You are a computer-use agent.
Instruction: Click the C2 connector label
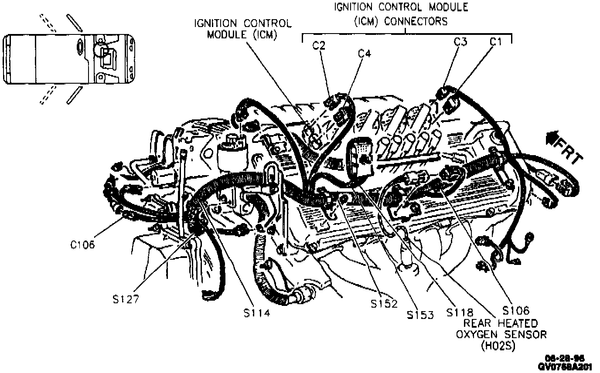[319, 45]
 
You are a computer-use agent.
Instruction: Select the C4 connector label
[365, 54]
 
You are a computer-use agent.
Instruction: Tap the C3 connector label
[460, 42]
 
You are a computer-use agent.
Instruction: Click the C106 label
[82, 244]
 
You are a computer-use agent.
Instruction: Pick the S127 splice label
[125, 299]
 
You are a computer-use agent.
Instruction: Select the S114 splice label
[257, 312]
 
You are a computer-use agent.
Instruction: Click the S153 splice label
[421, 315]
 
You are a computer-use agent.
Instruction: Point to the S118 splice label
[460, 312]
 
